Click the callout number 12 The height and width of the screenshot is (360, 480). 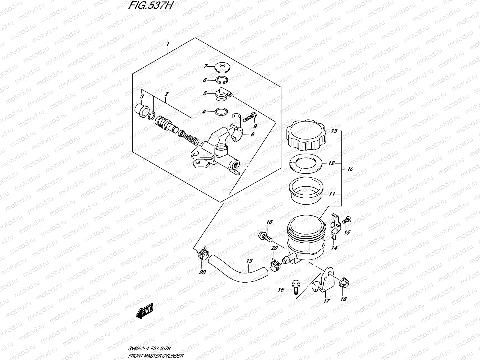[x=331, y=164]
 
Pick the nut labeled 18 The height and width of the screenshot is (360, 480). [x=343, y=283]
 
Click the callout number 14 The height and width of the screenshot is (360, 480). [x=334, y=248]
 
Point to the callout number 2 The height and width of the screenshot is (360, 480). [x=166, y=94]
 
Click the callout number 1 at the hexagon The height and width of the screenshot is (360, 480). [x=168, y=44]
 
